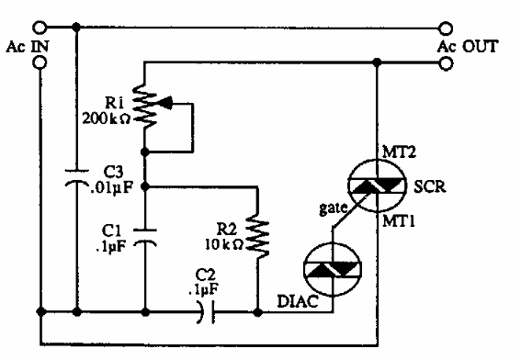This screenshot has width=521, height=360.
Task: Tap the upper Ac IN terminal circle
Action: pyautogui.click(x=40, y=28)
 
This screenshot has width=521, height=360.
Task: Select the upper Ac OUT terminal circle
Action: pyautogui.click(x=447, y=28)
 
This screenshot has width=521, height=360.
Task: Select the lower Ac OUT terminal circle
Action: pyautogui.click(x=447, y=63)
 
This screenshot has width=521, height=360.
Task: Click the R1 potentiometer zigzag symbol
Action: pyautogui.click(x=145, y=106)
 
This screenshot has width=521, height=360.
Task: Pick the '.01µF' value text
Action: pyautogui.click(x=110, y=190)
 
